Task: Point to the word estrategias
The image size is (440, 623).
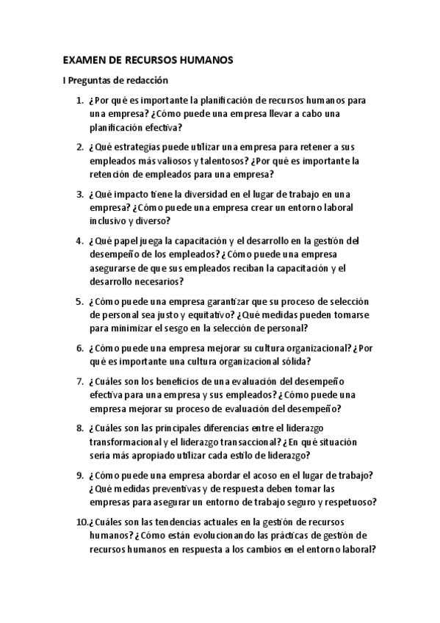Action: (x=144, y=147)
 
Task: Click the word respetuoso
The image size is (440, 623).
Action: (x=349, y=503)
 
